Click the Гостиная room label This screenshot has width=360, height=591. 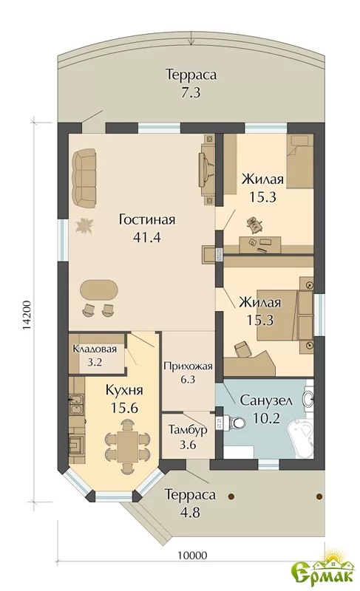(x=147, y=219)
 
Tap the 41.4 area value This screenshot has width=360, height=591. (x=147, y=237)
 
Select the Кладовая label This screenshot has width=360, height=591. (x=95, y=349)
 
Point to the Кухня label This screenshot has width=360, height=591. (x=124, y=390)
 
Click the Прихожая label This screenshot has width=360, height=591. (x=188, y=366)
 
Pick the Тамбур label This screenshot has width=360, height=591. (x=188, y=430)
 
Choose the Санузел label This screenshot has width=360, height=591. (x=266, y=400)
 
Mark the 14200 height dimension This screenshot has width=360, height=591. (x=27, y=315)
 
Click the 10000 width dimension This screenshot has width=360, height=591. (x=192, y=556)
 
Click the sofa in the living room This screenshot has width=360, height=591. (x=84, y=177)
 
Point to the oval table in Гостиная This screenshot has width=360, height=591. (x=99, y=290)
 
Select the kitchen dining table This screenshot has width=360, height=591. (x=126, y=446)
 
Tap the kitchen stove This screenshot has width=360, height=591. (x=78, y=443)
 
